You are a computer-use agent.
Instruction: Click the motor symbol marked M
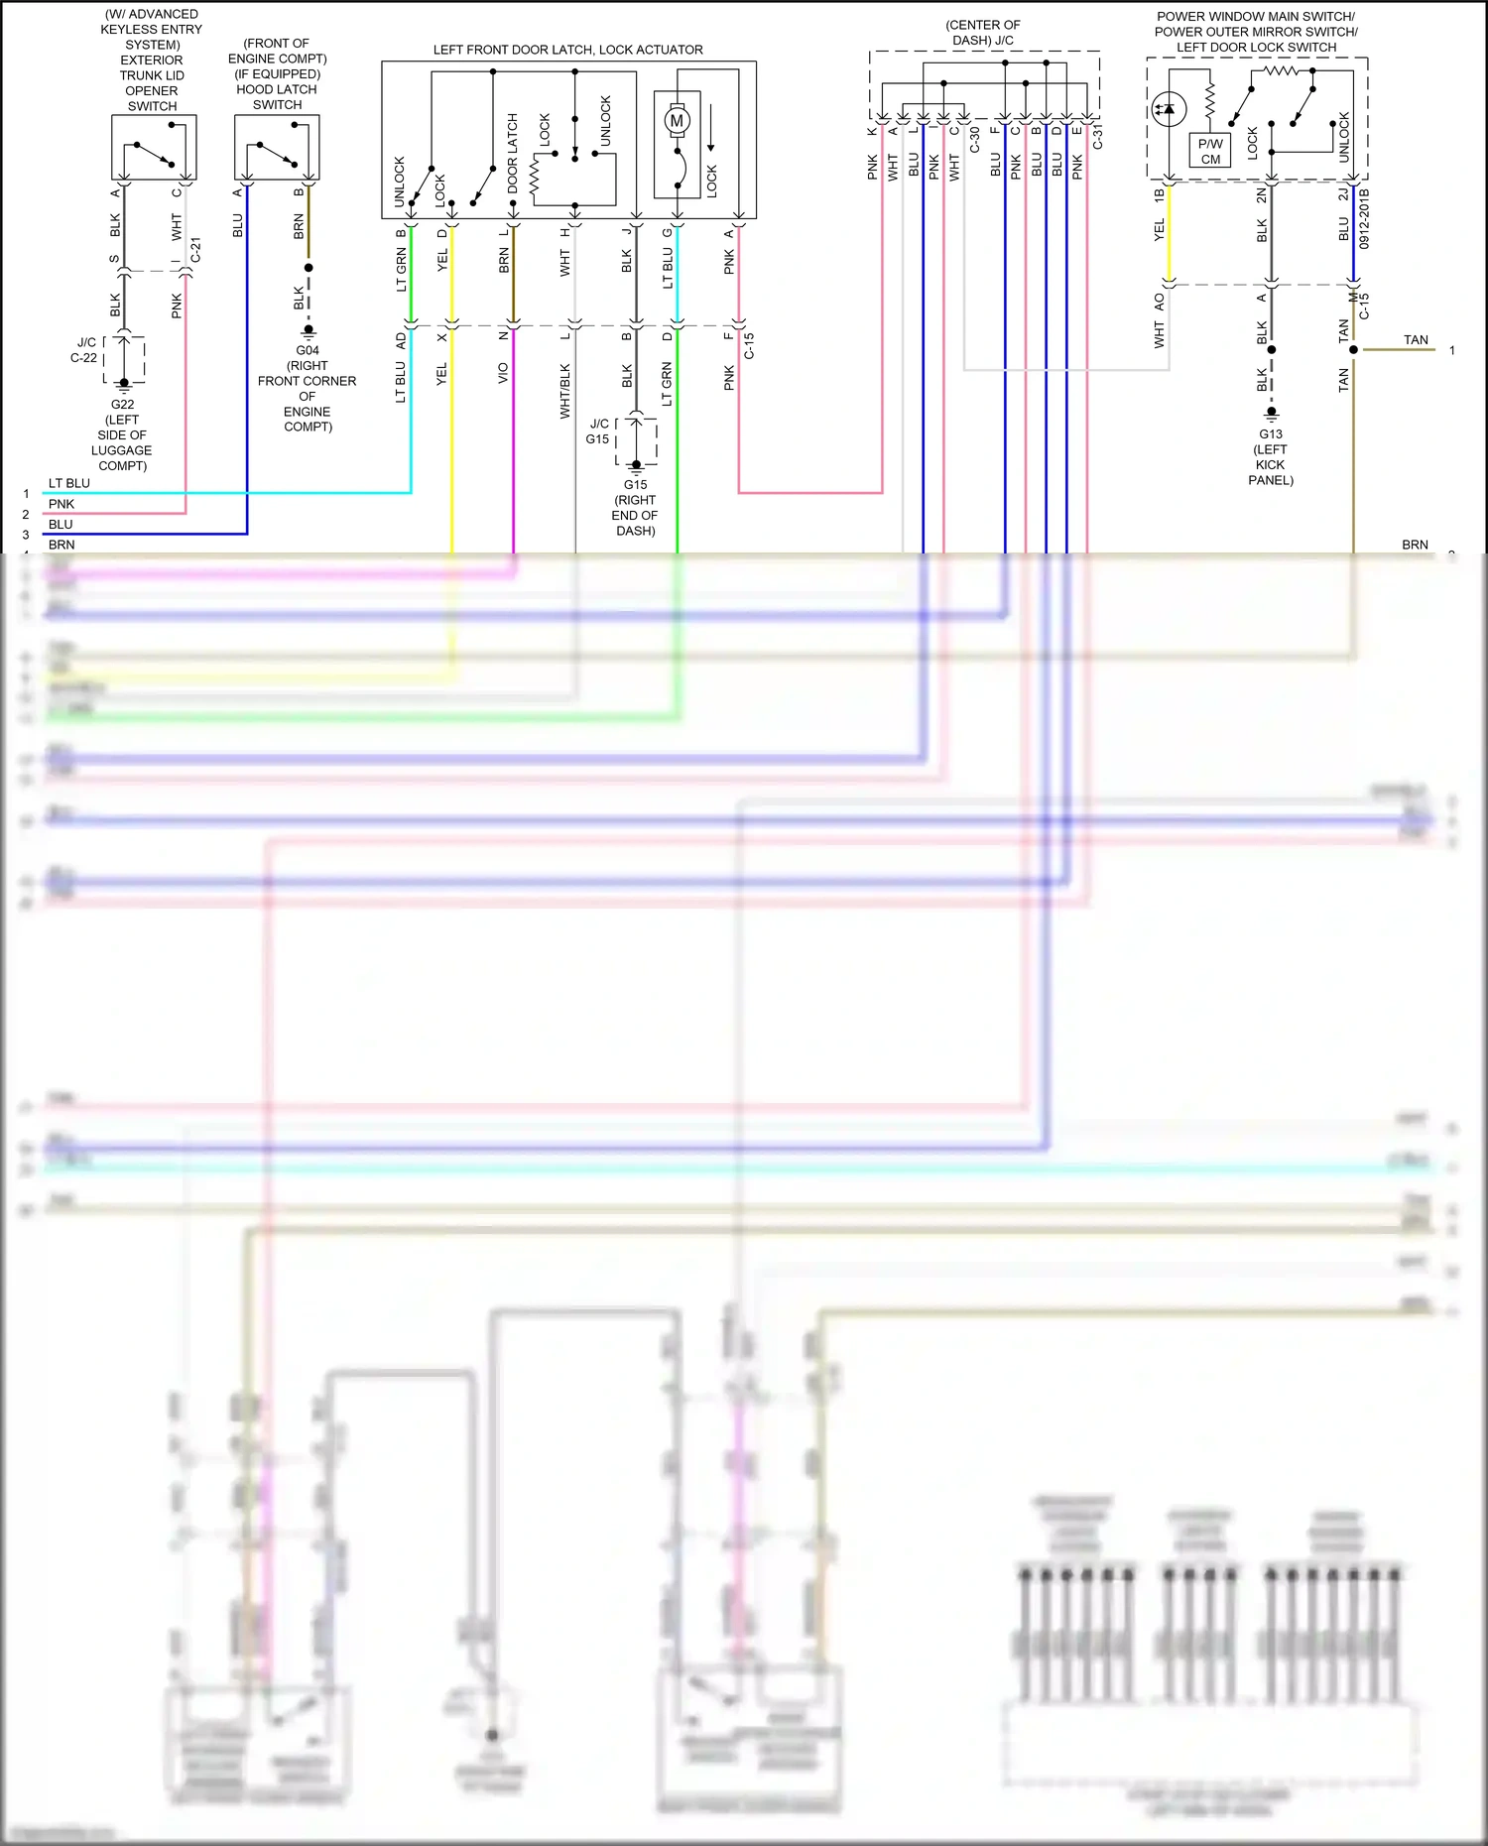677,121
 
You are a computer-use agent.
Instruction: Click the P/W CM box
1210,151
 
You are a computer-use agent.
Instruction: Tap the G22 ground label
122,405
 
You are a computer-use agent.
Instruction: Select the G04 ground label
308,350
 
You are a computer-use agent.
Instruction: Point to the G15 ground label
635,485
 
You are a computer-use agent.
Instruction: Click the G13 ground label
1271,434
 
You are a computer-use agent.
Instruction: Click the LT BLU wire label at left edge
69,484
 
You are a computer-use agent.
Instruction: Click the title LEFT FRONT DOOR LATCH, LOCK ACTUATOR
567,50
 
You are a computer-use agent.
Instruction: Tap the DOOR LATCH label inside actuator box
513,153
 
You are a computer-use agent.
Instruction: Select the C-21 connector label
196,250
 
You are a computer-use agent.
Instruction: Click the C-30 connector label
975,139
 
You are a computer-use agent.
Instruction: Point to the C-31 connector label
1098,137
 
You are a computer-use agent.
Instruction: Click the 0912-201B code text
1364,218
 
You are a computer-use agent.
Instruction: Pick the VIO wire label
503,373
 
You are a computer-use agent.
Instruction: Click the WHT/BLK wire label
564,391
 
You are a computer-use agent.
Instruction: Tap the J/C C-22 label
85,350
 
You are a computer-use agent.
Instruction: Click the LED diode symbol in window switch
1169,109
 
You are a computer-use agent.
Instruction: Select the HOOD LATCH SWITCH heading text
277,96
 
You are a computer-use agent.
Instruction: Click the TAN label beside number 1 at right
1416,340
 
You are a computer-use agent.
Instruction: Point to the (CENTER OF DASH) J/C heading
982,33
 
